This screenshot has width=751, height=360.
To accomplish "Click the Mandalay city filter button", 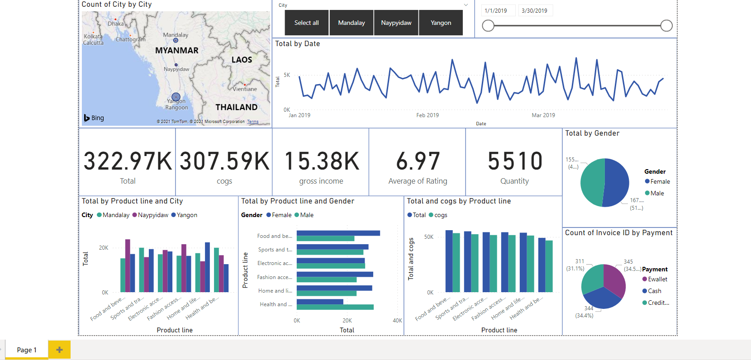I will (x=351, y=23).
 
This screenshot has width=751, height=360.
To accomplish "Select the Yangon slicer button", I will (x=441, y=23).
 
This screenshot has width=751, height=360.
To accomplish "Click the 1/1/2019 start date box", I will (x=496, y=10).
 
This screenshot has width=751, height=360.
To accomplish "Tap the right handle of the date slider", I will (x=666, y=26).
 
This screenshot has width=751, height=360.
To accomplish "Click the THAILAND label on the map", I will (x=236, y=107).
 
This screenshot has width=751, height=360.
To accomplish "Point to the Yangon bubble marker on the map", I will (x=176, y=97).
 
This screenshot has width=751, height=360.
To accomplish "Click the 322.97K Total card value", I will (x=128, y=161).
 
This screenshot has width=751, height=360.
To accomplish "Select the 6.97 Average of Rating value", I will (x=418, y=161).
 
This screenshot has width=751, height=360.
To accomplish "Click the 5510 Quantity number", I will (x=515, y=161).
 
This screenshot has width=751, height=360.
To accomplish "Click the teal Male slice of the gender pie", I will (x=592, y=182).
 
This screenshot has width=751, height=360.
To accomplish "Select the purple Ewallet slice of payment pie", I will (x=615, y=281).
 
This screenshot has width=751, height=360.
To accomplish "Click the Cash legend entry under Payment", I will (x=654, y=291).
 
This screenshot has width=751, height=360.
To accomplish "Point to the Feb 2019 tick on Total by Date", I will (x=428, y=115).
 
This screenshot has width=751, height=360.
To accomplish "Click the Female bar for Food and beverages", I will (x=338, y=233).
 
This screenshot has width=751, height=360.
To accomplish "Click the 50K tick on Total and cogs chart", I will (x=428, y=237).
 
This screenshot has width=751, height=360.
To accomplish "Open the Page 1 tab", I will (x=27, y=350).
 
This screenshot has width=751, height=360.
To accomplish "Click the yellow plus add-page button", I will (x=59, y=350).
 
